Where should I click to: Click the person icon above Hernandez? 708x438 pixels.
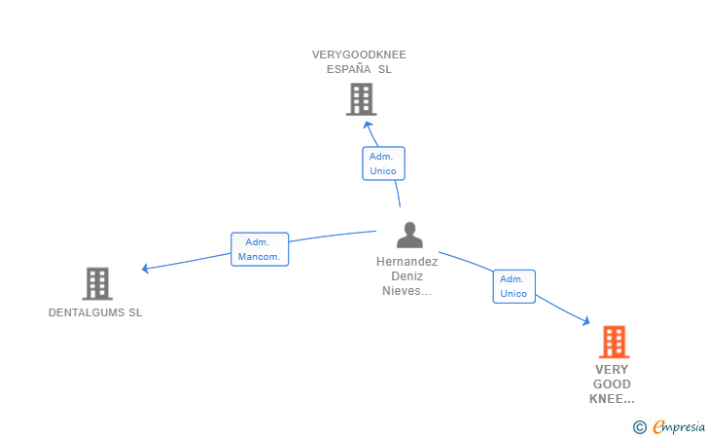pos(409,235)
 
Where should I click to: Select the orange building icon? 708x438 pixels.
pos(614,342)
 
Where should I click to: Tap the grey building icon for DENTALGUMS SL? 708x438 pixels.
pos(97,284)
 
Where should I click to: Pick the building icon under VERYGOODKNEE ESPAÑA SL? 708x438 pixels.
pos(361,99)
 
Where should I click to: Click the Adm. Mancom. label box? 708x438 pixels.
pos(260,249)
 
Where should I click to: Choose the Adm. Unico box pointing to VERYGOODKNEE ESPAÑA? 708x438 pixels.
pos(383,164)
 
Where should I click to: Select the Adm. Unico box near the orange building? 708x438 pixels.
pos(513,286)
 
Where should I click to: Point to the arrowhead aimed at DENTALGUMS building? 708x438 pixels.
pos(145,269)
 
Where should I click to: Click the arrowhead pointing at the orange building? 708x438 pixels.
pos(586,321)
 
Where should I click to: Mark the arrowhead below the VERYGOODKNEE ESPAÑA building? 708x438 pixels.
pos(368,125)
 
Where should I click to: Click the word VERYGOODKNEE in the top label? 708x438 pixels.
pos(359,55)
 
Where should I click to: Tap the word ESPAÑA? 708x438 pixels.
pos(348,69)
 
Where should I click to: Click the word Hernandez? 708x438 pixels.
pos(407,262)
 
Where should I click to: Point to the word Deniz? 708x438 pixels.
pos(407,276)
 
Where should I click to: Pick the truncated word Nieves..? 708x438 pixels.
pos(407,291)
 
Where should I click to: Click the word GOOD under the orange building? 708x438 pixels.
pos(612,384)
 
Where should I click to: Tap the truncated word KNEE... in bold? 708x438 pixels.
pos(612,399)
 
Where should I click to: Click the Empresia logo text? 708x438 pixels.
pos(679,426)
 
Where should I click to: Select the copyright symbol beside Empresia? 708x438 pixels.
pos(640,427)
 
